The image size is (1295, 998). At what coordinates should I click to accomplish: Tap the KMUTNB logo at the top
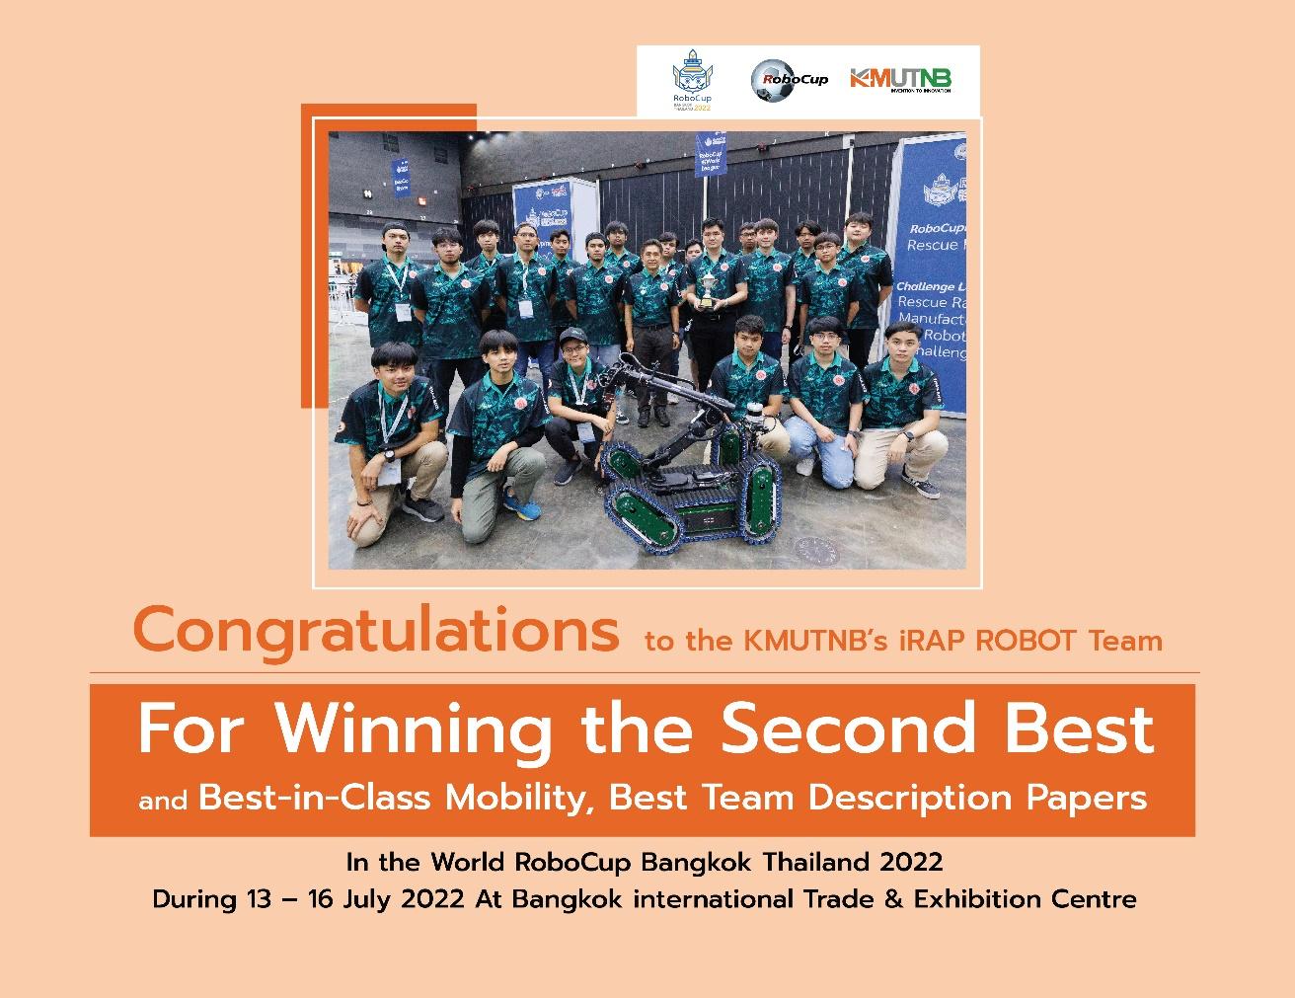pyautogui.click(x=900, y=79)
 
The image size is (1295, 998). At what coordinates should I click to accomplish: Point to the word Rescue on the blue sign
pyautogui.click(x=928, y=245)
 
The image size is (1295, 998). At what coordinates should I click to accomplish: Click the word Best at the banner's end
pyautogui.click(x=1100, y=729)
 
